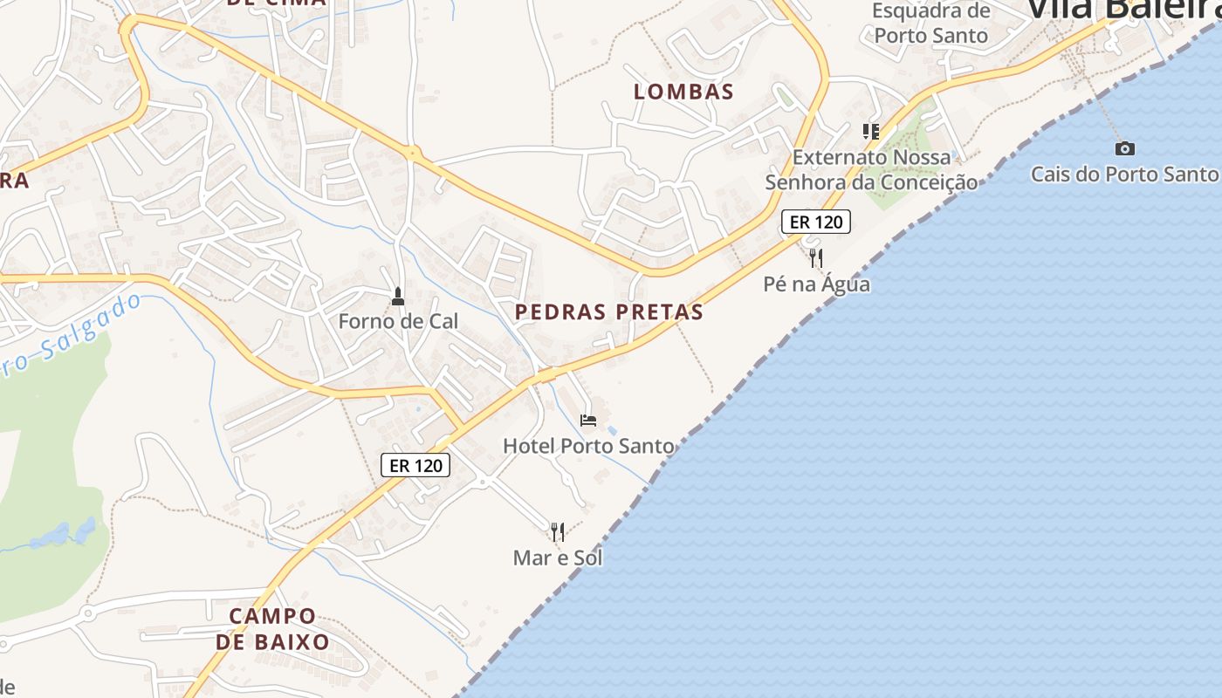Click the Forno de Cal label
398,321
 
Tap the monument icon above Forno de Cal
398,297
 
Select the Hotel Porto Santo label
588,446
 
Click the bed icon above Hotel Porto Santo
588,421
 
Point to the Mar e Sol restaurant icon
558,531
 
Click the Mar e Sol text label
558,558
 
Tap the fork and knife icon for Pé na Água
816,257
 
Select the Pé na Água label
816,284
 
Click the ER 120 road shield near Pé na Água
816,222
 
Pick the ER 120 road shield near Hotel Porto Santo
415,465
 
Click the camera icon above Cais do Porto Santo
1125,148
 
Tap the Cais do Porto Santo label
1124,174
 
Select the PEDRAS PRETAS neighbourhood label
609,312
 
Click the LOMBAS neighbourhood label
683,92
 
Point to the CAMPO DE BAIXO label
272,629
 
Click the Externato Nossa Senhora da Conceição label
871,169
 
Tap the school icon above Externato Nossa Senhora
870,132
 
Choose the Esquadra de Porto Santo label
931,24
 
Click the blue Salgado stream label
74,337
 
